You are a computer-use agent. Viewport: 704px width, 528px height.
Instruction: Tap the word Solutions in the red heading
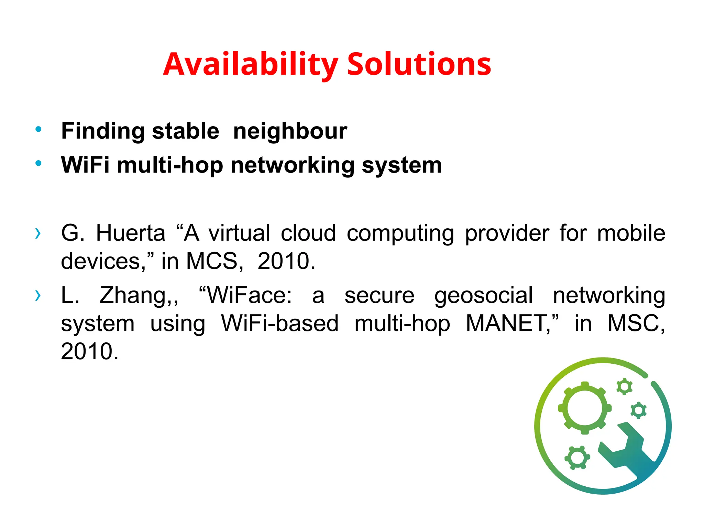pos(419,64)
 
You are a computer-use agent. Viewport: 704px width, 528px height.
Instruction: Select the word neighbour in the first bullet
pos(290,131)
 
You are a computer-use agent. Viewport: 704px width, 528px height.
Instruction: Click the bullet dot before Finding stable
pos(38,130)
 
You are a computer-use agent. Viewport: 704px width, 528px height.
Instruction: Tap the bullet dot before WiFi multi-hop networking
pos(38,164)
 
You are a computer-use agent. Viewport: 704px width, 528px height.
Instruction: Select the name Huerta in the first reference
pos(131,233)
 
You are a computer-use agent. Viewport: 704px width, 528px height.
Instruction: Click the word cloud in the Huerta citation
pos(308,233)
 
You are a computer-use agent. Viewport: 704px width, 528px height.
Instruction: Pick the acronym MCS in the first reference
pos(212,261)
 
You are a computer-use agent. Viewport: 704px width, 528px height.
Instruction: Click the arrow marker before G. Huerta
pos(38,233)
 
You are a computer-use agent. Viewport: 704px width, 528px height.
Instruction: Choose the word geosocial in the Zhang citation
pos(483,296)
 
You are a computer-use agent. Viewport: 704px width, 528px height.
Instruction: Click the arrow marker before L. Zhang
pos(38,295)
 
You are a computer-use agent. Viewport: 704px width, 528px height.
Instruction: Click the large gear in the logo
pos(585,408)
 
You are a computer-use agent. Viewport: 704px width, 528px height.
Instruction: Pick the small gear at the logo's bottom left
pos(577,458)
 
